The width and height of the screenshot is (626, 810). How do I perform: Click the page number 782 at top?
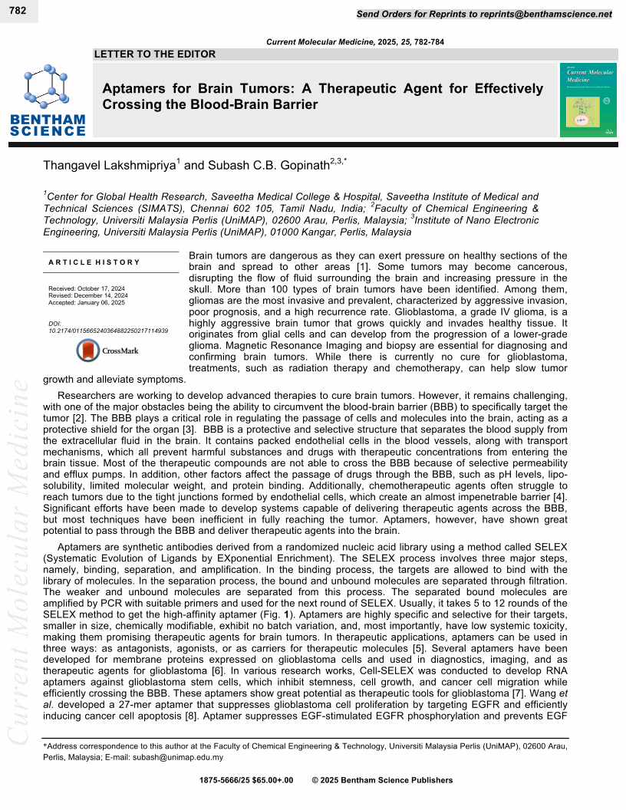[x=18, y=11]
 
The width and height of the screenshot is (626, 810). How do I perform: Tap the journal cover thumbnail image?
[x=588, y=100]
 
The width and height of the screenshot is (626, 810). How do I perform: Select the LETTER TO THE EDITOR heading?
[x=154, y=54]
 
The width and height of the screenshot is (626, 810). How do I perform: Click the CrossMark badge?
[x=107, y=351]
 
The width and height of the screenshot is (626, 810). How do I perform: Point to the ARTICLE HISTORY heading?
[x=94, y=262]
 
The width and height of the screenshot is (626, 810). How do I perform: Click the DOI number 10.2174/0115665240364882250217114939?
[x=108, y=331]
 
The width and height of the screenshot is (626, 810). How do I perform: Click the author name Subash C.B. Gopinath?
[x=264, y=164]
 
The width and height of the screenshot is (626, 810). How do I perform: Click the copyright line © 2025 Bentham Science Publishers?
[x=382, y=780]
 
